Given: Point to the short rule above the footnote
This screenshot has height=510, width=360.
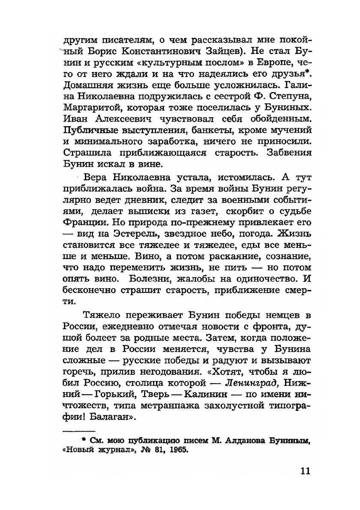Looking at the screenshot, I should (x=79, y=429).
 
